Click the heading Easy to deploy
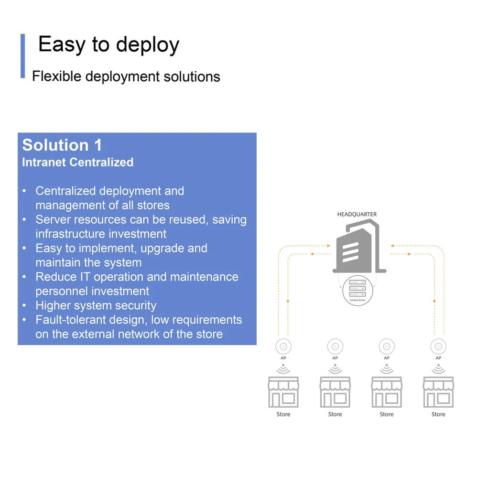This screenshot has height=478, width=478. (x=109, y=45)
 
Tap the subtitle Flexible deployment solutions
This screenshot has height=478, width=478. (x=126, y=76)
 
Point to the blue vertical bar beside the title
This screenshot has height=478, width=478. (x=22, y=56)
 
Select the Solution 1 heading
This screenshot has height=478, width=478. (x=62, y=145)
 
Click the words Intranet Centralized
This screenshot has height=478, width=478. (x=77, y=163)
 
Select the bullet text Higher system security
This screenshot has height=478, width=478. (x=96, y=305)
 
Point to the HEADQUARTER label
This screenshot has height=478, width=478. (x=357, y=215)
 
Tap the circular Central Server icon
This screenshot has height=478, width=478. (x=358, y=290)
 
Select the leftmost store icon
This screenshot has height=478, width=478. (x=283, y=391)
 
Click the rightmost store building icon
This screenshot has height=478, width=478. (x=438, y=391)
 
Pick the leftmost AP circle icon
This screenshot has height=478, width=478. (x=283, y=347)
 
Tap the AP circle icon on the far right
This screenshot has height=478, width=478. (x=438, y=347)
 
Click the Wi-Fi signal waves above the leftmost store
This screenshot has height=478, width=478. (x=283, y=369)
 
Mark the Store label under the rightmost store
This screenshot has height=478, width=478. (x=438, y=414)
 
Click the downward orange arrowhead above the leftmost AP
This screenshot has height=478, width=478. (x=288, y=302)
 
